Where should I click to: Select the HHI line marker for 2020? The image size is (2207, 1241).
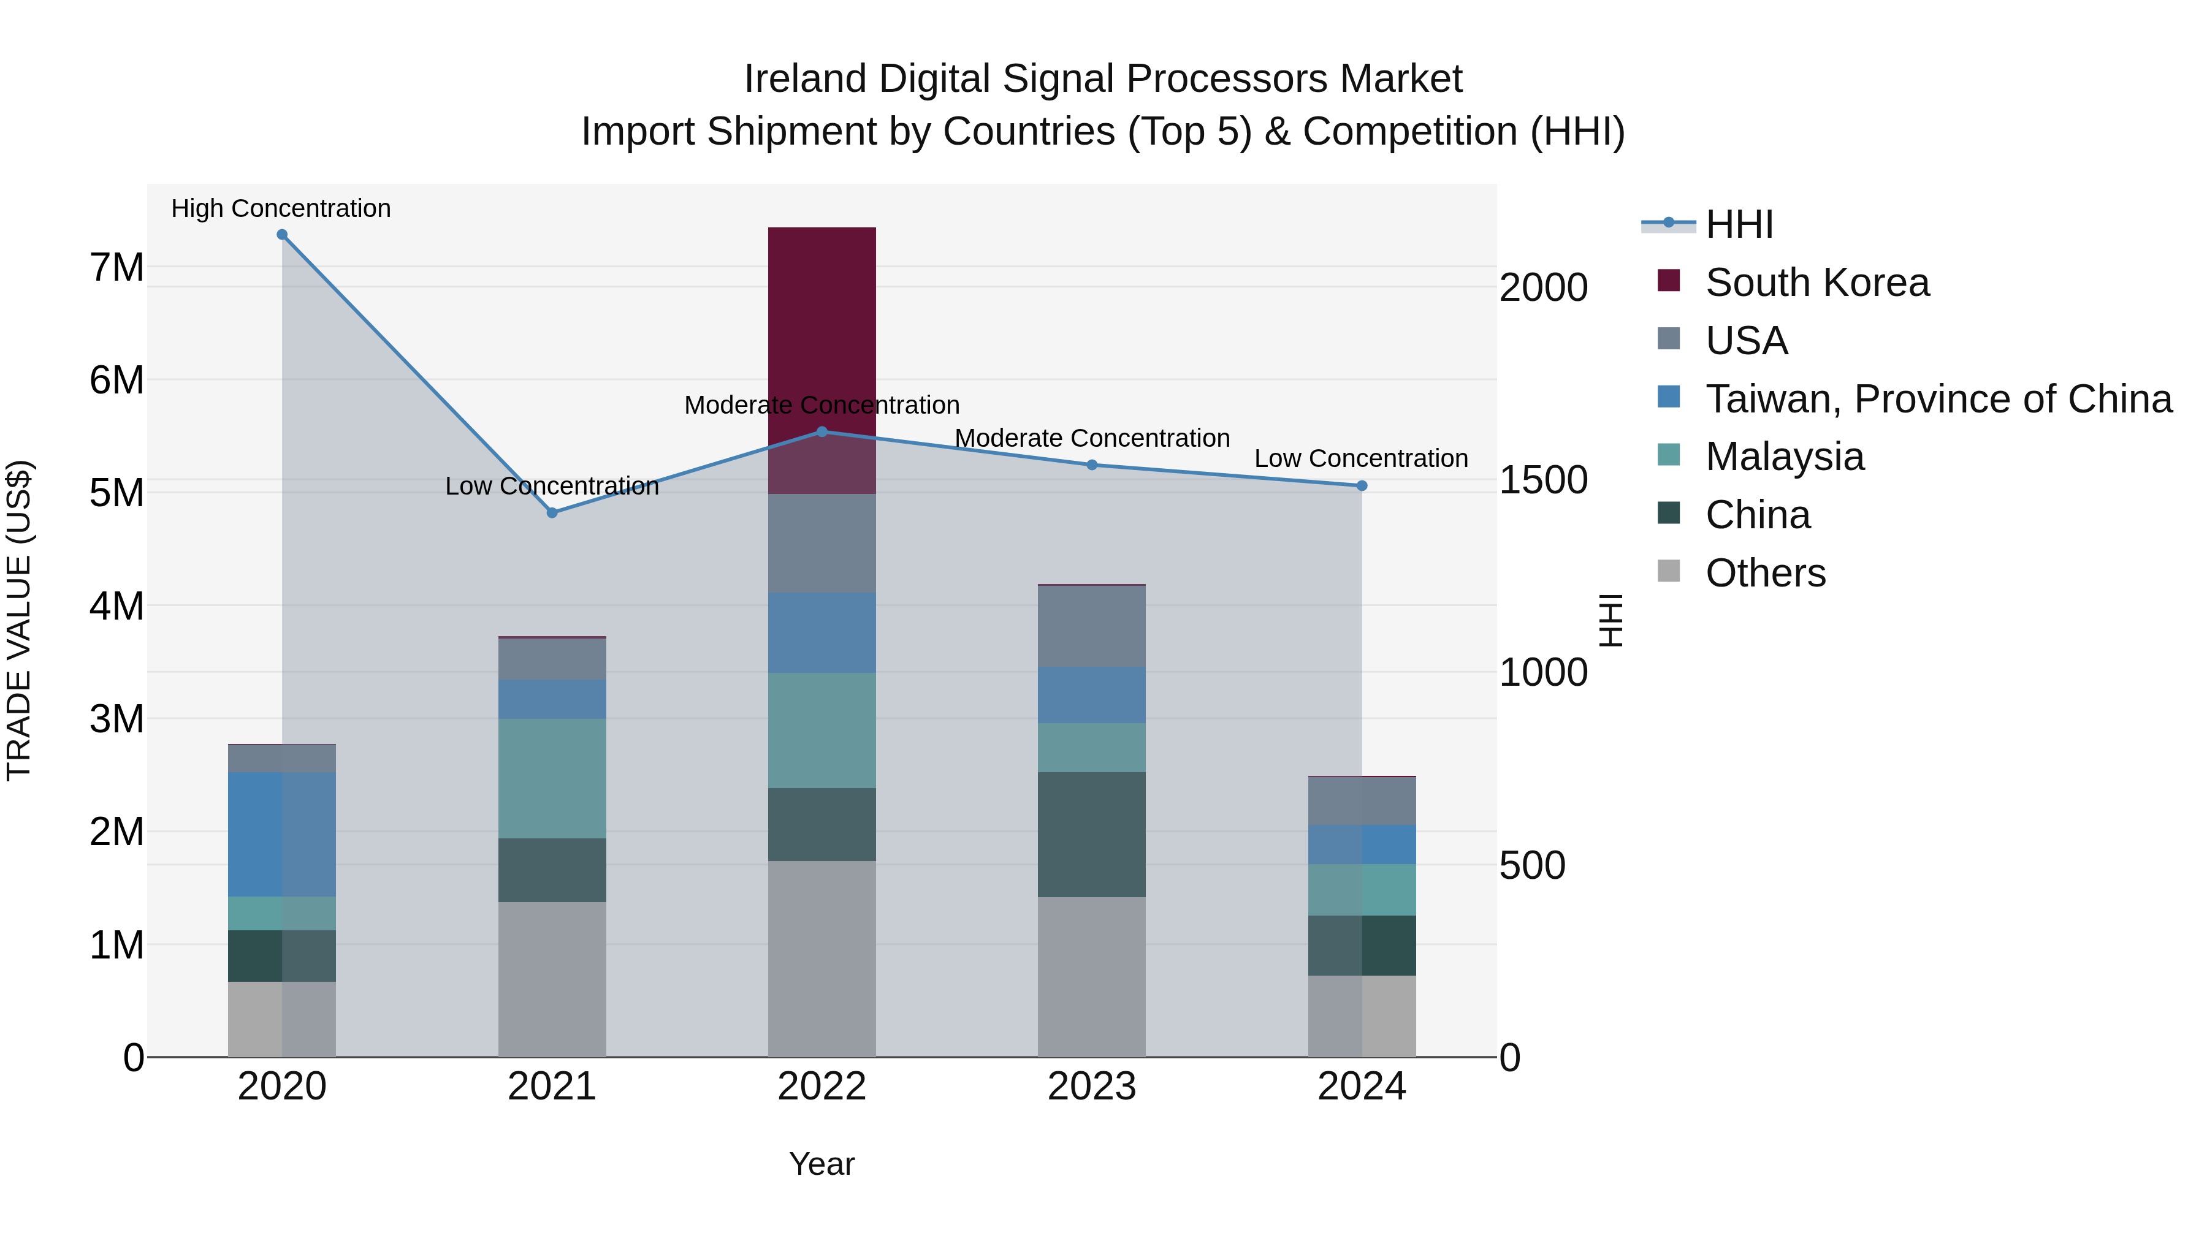tap(282, 235)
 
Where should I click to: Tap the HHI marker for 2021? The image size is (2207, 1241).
tap(552, 513)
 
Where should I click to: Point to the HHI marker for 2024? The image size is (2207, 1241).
tap(1362, 485)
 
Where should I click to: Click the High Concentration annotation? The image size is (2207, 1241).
tap(281, 209)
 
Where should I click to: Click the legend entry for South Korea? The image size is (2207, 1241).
tap(1816, 283)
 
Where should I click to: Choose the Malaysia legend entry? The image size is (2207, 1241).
tap(1784, 457)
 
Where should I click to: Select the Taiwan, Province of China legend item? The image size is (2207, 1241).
tap(1938, 399)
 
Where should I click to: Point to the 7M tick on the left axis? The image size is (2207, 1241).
tap(116, 267)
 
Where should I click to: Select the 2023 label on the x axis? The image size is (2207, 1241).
tap(1091, 1087)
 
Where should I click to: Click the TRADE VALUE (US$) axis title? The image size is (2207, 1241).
tap(20, 620)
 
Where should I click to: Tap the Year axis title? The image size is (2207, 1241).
tap(821, 1164)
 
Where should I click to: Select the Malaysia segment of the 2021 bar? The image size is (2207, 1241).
tap(552, 778)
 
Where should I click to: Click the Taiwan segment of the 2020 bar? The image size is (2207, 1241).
tap(282, 834)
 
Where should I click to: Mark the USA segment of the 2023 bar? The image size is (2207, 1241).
tap(1091, 626)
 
